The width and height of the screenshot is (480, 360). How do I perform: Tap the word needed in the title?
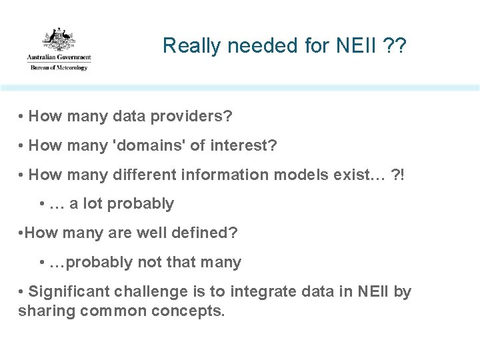tap(248, 46)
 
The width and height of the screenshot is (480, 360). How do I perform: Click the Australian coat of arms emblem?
tap(59, 39)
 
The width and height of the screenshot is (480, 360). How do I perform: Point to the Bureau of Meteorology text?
tap(59, 67)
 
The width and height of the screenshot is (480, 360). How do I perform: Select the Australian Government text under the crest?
tap(59, 59)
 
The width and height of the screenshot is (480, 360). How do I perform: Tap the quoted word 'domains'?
tap(151, 145)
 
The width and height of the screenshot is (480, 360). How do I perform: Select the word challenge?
tap(147, 291)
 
